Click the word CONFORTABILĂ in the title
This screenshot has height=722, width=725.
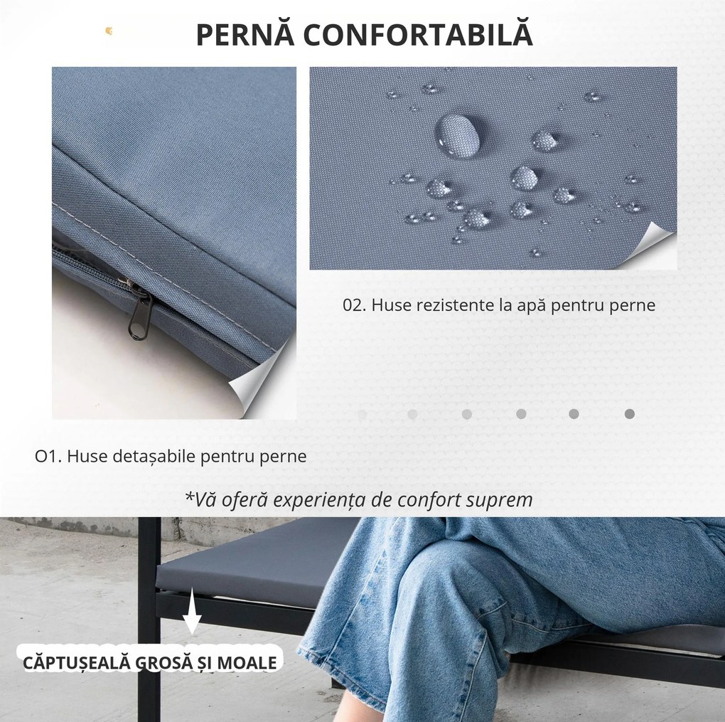(416, 35)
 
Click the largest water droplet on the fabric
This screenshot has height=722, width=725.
(456, 134)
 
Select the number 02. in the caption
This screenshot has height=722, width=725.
(354, 306)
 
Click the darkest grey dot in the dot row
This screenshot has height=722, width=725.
(629, 414)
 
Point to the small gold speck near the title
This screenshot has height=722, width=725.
(109, 30)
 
